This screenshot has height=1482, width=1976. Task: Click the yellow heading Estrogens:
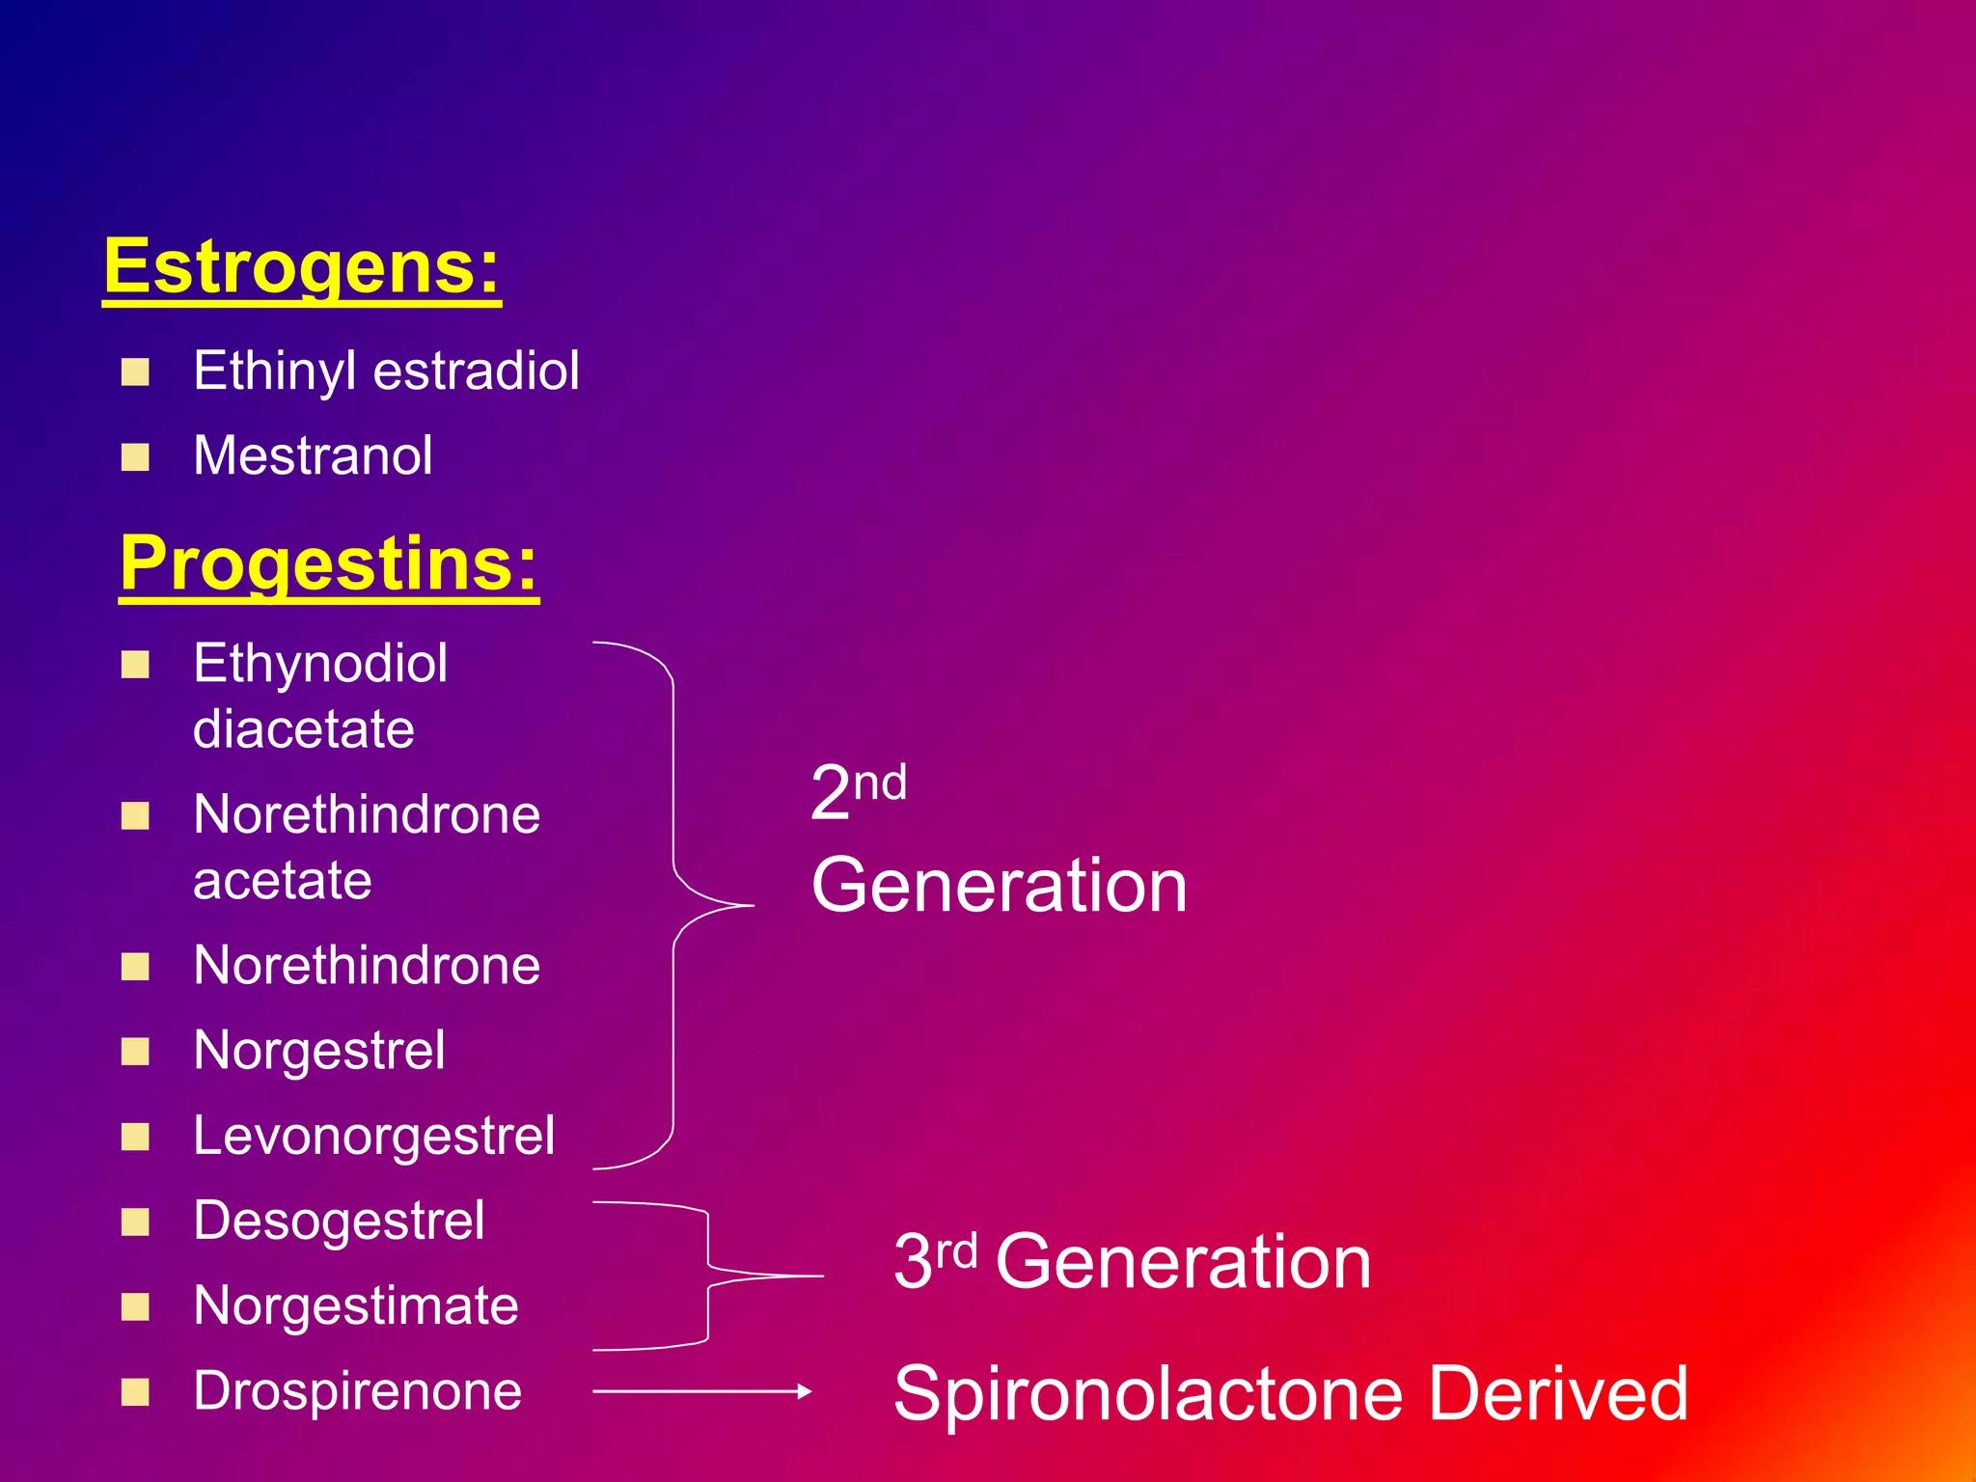point(301,267)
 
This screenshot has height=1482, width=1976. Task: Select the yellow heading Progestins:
point(328,563)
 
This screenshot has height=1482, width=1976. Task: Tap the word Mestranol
point(313,455)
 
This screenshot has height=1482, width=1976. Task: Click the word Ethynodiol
point(319,664)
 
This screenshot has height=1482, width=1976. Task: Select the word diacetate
point(303,728)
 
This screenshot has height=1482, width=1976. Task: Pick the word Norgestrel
point(318,1050)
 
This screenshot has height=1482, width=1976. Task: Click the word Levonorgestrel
point(373,1136)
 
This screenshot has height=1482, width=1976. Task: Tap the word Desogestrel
point(339,1221)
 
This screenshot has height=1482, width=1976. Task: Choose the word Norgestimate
point(355,1306)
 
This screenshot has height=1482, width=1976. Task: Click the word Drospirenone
point(357,1391)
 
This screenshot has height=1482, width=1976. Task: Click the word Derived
point(1557,1393)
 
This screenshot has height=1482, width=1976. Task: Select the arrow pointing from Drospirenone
point(701,1391)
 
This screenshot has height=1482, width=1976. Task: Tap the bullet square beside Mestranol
point(135,456)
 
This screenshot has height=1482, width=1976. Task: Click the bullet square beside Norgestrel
point(135,1051)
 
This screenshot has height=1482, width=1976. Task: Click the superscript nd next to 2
point(880,782)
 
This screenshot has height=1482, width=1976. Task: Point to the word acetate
point(282,880)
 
